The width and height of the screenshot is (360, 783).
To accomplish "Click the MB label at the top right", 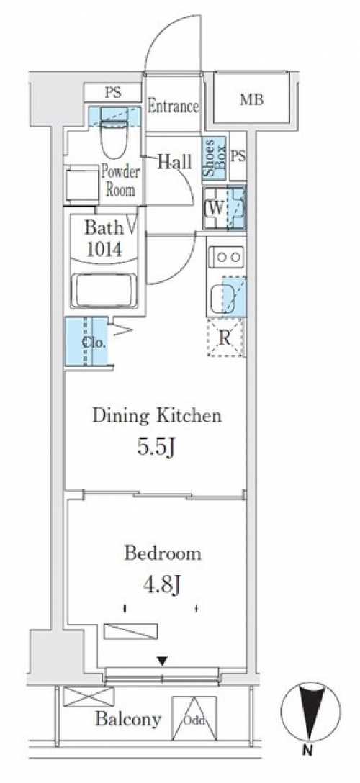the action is point(251,100).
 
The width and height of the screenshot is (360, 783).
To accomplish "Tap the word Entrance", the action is point(174,107).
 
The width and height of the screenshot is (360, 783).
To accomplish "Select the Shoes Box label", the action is point(215,158).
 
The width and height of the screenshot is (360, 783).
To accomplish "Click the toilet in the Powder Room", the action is point(114,133).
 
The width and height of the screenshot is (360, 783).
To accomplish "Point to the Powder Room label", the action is point(120,181).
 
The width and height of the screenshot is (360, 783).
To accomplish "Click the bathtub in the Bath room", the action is point(104,291).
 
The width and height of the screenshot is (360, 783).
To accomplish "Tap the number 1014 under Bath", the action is point(104,249).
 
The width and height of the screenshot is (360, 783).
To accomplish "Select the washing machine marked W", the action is point(224,208).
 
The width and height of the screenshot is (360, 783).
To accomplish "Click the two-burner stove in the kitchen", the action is point(225,258).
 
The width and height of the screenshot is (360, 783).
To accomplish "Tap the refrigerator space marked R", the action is point(225,338).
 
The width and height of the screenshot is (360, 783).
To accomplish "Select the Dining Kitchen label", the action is point(157,415).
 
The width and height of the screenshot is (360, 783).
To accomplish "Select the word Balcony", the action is point(128,719).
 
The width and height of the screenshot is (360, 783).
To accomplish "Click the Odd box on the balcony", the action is point(194,718).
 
